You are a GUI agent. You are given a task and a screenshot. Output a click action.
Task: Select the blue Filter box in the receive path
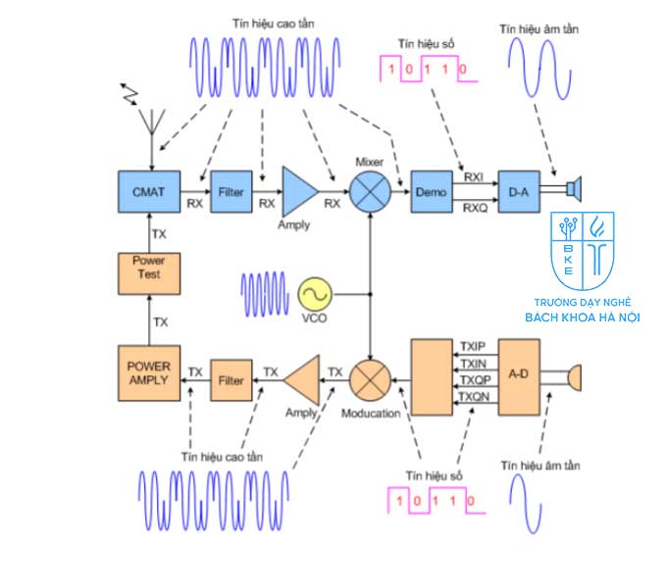pyautogui.click(x=231, y=186)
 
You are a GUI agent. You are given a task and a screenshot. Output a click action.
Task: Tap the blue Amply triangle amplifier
pyautogui.click(x=298, y=189)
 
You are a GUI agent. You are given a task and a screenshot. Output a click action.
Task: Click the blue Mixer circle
pyautogui.click(x=371, y=189)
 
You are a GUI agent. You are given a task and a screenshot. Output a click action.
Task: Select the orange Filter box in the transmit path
pyautogui.click(x=231, y=379)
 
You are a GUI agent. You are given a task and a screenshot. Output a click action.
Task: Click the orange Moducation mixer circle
pyautogui.click(x=371, y=380)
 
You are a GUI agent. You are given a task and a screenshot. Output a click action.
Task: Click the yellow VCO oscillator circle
pyautogui.click(x=315, y=294)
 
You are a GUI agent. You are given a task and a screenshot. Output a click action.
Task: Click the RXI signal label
pyautogui.click(x=474, y=176)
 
